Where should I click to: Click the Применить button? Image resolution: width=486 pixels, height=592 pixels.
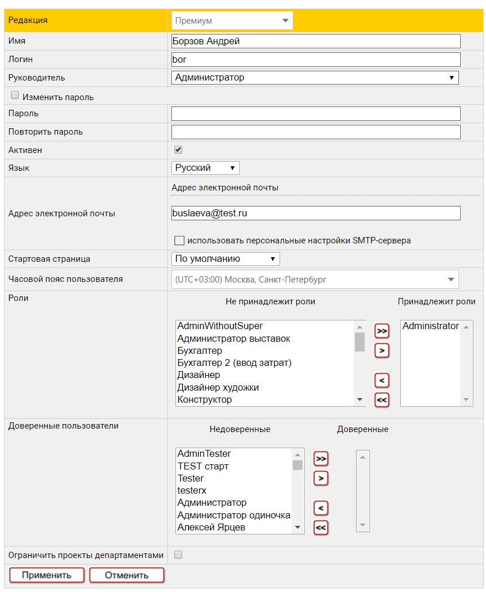tap(47, 575)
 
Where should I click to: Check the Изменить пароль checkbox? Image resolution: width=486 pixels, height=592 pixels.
tap(15, 96)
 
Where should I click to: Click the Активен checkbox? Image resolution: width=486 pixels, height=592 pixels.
tap(178, 150)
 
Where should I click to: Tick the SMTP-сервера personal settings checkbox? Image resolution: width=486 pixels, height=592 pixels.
tap(179, 240)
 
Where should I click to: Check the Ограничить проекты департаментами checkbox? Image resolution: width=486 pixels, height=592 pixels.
tap(178, 555)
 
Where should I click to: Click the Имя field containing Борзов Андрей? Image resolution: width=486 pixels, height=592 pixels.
tap(316, 41)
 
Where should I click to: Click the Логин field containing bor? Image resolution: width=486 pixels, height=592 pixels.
tap(316, 59)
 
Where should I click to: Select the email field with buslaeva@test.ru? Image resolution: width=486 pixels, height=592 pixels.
tap(316, 213)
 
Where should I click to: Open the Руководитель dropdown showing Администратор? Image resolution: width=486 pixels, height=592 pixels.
tap(315, 78)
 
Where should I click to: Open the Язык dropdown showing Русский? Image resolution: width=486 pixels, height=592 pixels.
tap(205, 168)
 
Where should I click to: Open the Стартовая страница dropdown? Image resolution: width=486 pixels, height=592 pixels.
tap(225, 259)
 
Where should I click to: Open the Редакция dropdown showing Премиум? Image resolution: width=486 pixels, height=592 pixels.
tap(232, 21)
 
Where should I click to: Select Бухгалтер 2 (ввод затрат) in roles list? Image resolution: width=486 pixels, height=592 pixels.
tap(234, 363)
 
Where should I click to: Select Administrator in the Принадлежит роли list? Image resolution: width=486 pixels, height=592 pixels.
tap(430, 326)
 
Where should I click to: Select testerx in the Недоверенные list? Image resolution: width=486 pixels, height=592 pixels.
tap(192, 491)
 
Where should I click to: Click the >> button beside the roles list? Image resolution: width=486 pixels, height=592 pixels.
tap(381, 331)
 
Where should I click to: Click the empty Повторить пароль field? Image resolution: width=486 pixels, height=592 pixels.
tap(316, 132)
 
